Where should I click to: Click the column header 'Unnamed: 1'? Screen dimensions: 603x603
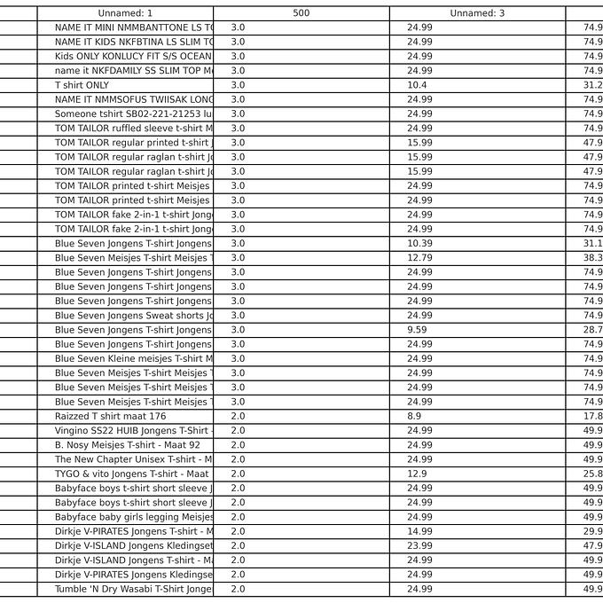click(x=125, y=13)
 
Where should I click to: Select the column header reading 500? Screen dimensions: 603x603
click(x=301, y=13)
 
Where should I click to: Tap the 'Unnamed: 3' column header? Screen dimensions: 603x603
click(x=477, y=13)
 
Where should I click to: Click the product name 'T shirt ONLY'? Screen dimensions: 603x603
click(x=82, y=85)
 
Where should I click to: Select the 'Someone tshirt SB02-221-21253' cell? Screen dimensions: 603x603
click(x=133, y=114)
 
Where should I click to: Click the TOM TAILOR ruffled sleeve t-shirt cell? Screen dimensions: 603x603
click(x=133, y=129)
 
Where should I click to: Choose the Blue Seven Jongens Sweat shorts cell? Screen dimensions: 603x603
click(x=133, y=316)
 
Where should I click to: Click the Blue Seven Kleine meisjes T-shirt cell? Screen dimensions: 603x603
click(x=133, y=358)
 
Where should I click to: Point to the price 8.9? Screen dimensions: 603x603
click(x=414, y=416)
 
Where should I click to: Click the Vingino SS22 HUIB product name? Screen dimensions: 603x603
click(x=133, y=431)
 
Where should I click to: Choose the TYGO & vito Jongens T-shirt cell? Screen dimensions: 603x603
click(x=133, y=474)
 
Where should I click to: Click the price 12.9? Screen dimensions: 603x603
click(x=417, y=474)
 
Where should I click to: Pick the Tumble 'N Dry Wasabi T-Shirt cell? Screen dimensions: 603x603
click(x=133, y=589)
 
